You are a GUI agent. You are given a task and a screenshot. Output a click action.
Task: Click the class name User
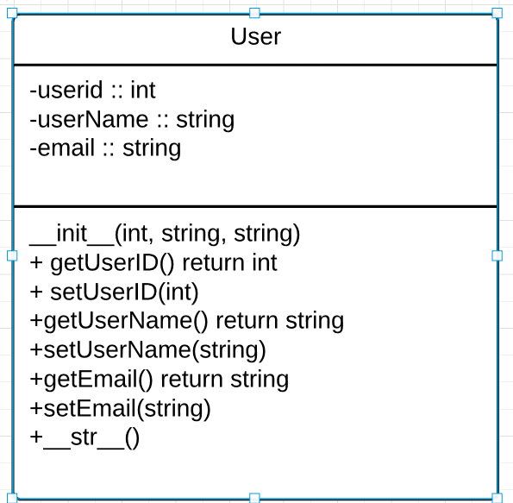pos(255,37)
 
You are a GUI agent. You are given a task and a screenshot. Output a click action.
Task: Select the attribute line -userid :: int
pos(92,90)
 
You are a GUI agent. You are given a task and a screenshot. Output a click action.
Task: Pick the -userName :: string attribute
pos(131,119)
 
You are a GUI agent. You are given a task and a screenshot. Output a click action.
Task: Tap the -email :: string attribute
pos(105,148)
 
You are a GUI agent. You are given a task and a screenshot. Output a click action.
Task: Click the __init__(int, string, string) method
pos(165,233)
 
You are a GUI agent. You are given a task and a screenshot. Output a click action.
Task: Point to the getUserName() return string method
pos(187,321)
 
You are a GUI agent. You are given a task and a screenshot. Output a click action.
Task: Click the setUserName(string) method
pos(148,350)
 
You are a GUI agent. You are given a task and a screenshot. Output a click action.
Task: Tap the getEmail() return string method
pos(160,380)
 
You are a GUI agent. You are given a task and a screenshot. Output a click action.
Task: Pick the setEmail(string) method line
pos(121,408)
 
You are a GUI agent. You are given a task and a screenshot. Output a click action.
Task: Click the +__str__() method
pos(84,437)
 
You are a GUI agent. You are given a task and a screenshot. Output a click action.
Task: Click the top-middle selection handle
pos(254,13)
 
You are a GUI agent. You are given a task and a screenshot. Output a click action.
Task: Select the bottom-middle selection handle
pos(254,498)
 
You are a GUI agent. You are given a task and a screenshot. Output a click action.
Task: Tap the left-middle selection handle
pos(12,255)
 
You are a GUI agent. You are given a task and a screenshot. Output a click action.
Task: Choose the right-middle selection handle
pos(497,255)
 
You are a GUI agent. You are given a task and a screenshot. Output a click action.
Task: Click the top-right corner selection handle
pos(497,13)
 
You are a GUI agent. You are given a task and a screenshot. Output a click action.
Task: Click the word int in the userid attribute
pos(142,90)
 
